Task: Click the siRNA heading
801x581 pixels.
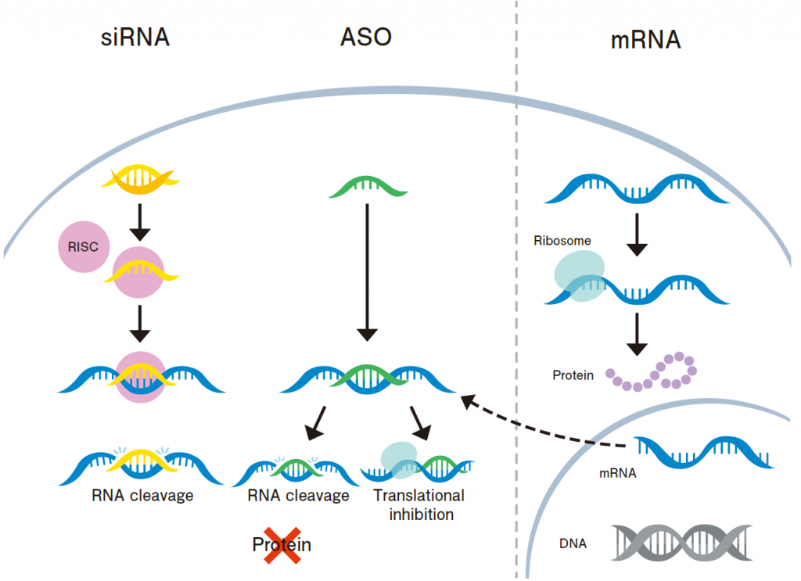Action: [135, 38]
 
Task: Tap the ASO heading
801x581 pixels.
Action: [366, 38]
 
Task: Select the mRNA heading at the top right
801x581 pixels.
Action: [645, 40]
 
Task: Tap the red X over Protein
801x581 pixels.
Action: [282, 544]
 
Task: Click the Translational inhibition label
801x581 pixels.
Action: [418, 505]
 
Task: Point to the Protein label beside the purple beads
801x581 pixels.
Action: [573, 375]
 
